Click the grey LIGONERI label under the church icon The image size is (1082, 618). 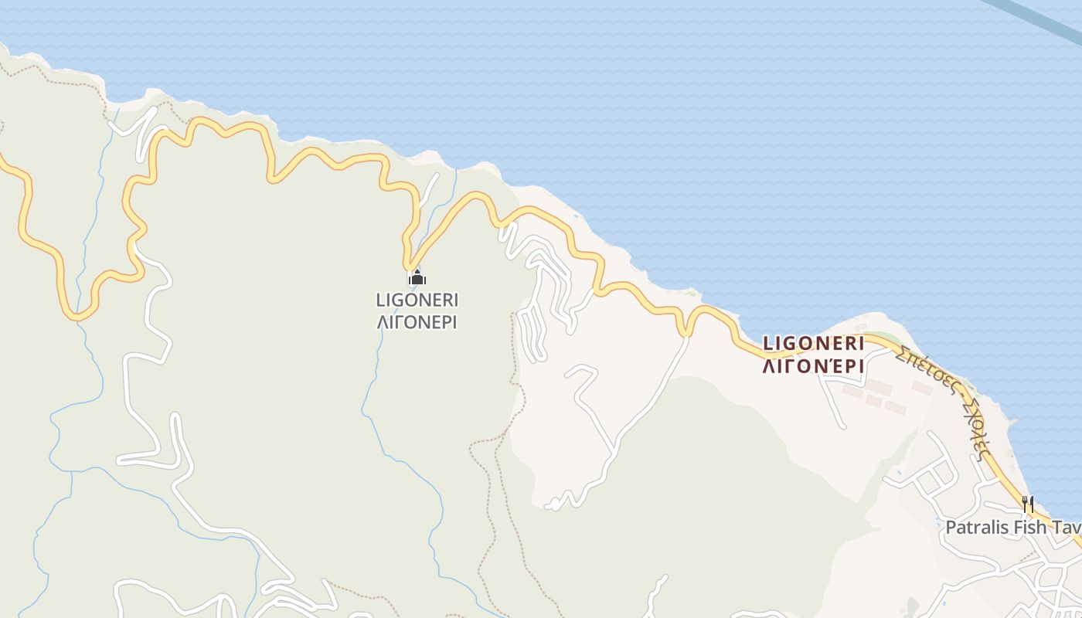point(417,299)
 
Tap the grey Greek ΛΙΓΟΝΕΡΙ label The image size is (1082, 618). point(417,321)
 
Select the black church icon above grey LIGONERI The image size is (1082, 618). point(417,277)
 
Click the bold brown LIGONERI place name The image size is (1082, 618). point(813,343)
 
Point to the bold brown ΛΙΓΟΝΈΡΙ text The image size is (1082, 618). point(813,366)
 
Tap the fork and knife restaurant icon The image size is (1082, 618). point(1028,504)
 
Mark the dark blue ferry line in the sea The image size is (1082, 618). point(1036,19)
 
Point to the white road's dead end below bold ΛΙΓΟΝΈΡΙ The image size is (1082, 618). point(843,426)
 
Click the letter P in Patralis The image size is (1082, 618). point(951,528)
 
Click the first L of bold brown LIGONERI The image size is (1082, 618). point(767,343)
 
